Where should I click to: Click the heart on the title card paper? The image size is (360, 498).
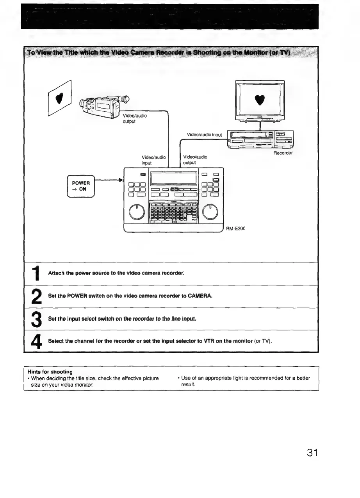coord(59,99)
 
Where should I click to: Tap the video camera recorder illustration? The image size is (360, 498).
coord(103,105)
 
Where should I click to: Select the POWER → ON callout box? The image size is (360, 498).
coord(81,186)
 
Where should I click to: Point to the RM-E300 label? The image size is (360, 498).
coord(235,229)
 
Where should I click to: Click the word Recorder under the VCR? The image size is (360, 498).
coord(283,153)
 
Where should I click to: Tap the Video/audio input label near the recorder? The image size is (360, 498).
coord(205,135)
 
